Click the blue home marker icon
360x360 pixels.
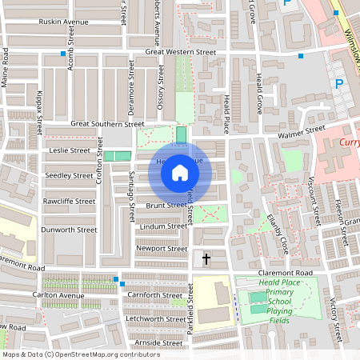180,172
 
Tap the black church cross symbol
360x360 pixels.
206,258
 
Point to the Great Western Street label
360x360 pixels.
181,52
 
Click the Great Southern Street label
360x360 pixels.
106,124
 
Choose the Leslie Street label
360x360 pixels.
70,150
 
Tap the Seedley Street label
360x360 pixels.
70,174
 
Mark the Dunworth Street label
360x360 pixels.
70,230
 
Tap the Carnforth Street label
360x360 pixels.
155,295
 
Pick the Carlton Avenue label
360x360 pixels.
59,295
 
